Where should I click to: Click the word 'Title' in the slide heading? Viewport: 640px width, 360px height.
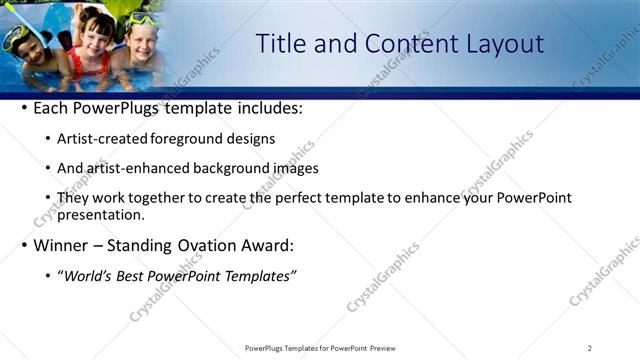(282, 44)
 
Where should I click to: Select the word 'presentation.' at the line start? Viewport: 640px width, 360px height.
(101, 214)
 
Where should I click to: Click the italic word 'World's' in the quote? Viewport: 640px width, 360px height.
(88, 275)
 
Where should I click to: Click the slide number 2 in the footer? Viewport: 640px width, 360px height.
(589, 348)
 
